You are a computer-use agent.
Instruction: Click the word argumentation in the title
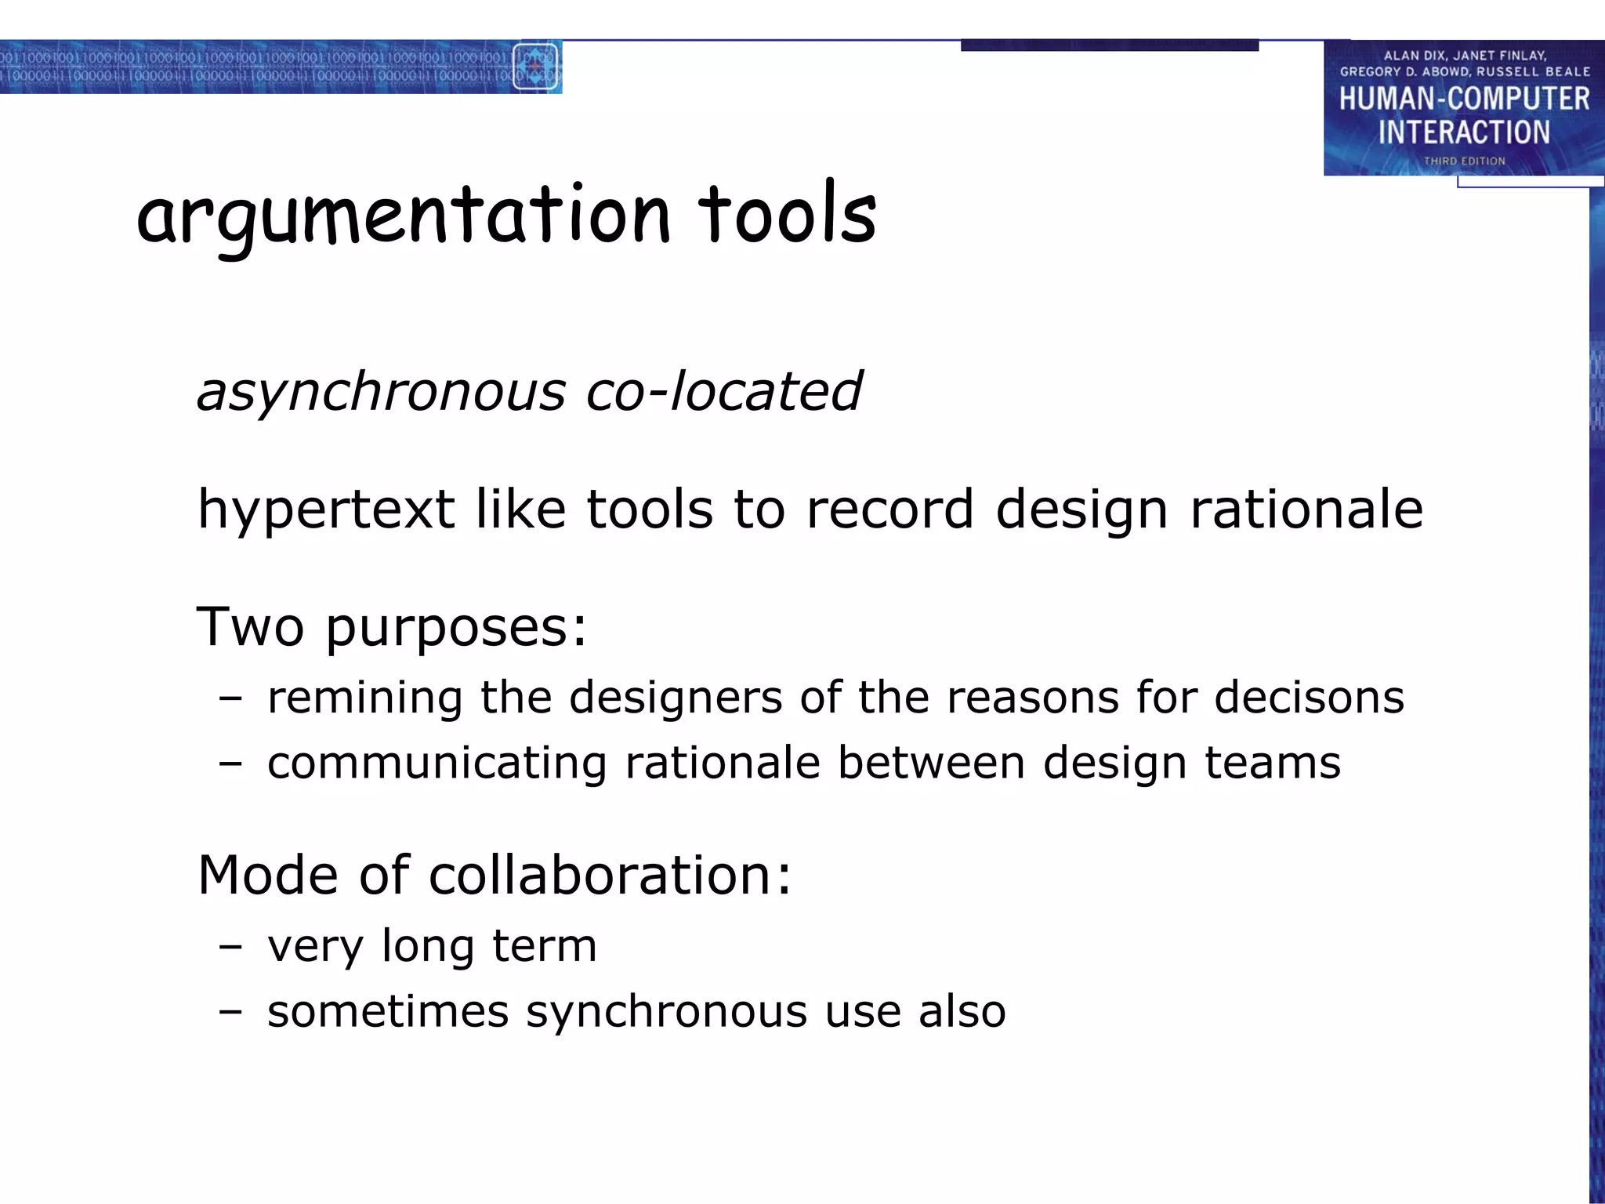(x=404, y=216)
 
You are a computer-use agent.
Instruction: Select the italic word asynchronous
(x=381, y=392)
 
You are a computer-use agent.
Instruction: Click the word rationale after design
(x=1306, y=510)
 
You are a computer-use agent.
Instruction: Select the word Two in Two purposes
(x=250, y=626)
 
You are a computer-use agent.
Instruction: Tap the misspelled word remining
(x=364, y=697)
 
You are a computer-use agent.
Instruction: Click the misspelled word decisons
(x=1308, y=697)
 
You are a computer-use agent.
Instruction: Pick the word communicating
(x=437, y=763)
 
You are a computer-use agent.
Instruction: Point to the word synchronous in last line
(x=666, y=1012)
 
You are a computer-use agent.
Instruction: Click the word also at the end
(x=962, y=1011)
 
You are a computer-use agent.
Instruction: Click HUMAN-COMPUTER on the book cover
(x=1464, y=100)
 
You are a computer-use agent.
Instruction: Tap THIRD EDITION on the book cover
(x=1464, y=161)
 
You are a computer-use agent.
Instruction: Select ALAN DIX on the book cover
(x=1413, y=56)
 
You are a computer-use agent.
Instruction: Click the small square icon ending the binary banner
(x=535, y=67)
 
